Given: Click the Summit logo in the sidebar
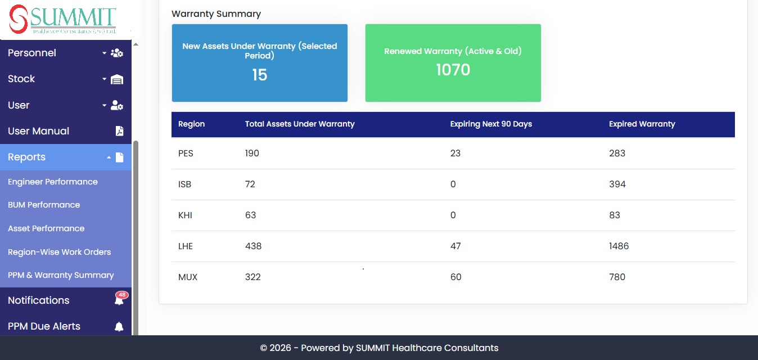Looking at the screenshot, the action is click(62, 19).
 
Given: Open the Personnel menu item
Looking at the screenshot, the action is click(32, 53).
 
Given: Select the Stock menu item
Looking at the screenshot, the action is click(21, 79).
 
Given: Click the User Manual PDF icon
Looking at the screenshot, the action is click(119, 131).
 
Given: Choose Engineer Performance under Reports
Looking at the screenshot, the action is click(53, 182).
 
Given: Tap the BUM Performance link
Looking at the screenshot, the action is click(44, 205).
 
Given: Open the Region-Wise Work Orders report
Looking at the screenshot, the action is click(59, 252).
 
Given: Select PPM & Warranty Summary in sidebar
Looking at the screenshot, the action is click(61, 275).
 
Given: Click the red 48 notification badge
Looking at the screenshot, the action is click(122, 295).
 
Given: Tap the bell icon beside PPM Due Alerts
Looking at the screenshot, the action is click(119, 326).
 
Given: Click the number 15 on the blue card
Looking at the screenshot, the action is click(260, 75).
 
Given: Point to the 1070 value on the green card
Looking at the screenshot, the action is click(453, 70).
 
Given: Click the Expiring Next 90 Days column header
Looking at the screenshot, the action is click(491, 124).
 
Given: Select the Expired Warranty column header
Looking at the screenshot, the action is click(642, 124).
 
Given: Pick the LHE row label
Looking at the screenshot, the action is click(186, 246).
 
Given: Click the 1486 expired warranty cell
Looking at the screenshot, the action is click(619, 246).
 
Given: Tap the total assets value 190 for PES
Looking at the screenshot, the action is click(252, 153).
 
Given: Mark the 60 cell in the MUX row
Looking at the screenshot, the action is click(456, 277).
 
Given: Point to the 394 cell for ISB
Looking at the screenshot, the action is click(617, 184).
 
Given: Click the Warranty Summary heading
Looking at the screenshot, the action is click(216, 14).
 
